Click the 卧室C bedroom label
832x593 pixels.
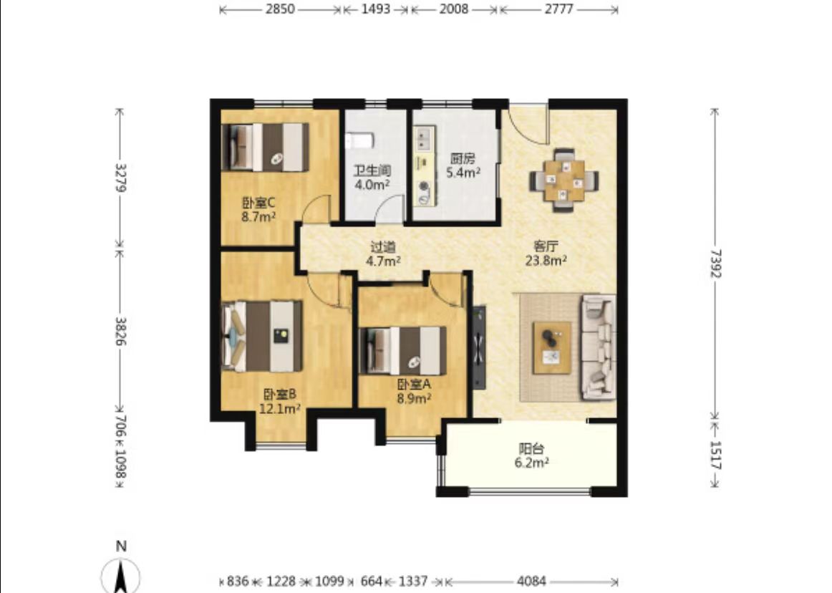click(258, 203)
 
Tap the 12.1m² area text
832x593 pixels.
click(280, 408)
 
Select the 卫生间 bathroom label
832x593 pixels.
click(372, 171)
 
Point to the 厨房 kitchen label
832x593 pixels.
click(463, 158)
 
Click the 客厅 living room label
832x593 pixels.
click(546, 247)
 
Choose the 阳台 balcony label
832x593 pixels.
click(531, 449)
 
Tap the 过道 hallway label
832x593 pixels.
click(382, 247)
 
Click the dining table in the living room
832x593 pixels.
click(564, 180)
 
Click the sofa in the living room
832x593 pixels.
click(599, 347)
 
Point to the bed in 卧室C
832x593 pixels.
click(265, 147)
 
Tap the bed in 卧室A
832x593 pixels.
click(402, 351)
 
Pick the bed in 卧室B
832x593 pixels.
click(261, 336)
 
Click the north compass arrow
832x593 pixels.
click(121, 577)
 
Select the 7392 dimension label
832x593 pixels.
click(715, 263)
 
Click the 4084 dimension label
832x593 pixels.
click(532, 582)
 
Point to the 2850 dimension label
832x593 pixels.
click(280, 9)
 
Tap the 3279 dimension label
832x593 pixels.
click(120, 178)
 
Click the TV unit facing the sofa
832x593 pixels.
click(479, 347)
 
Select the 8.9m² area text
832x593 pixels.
click(414, 398)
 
